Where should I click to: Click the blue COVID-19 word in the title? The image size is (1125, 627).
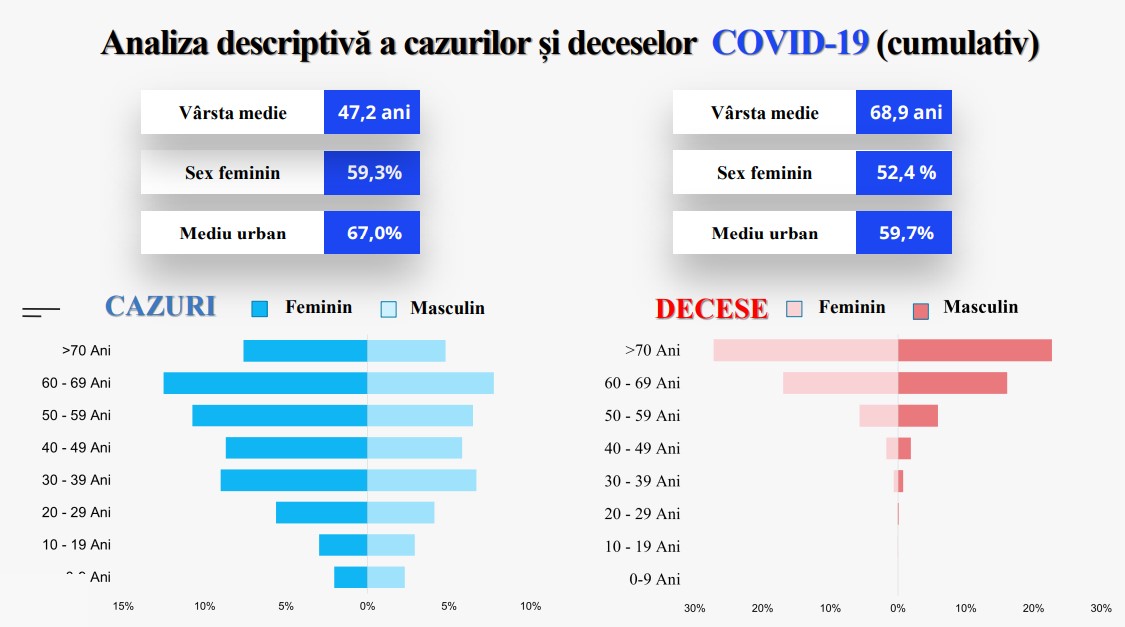(x=790, y=43)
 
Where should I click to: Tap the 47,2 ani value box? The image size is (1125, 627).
(x=372, y=112)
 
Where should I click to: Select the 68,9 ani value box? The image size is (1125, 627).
(x=904, y=112)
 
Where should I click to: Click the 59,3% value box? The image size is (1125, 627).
(x=372, y=173)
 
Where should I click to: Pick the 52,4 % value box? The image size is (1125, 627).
(x=904, y=173)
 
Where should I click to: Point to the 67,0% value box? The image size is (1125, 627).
(x=372, y=233)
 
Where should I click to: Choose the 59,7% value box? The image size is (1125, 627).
(x=904, y=233)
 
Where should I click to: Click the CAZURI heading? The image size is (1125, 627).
(x=160, y=307)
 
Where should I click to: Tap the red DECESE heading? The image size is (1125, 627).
(x=711, y=309)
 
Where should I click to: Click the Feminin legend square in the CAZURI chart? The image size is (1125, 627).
(x=260, y=309)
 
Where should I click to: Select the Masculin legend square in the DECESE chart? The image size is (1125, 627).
(x=921, y=309)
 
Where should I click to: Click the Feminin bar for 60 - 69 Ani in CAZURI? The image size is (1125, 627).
(x=265, y=383)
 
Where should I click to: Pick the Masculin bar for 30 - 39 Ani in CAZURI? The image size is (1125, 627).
(x=421, y=480)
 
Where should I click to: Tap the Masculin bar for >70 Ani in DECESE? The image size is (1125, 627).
(x=974, y=350)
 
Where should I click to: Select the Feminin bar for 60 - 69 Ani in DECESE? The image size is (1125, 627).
(x=840, y=383)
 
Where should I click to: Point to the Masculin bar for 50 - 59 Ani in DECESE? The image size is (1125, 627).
(x=917, y=415)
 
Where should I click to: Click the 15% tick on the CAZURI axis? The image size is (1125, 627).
(x=123, y=606)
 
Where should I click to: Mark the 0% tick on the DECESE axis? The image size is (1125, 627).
(x=897, y=607)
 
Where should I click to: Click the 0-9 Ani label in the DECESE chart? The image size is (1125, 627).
(x=654, y=579)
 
